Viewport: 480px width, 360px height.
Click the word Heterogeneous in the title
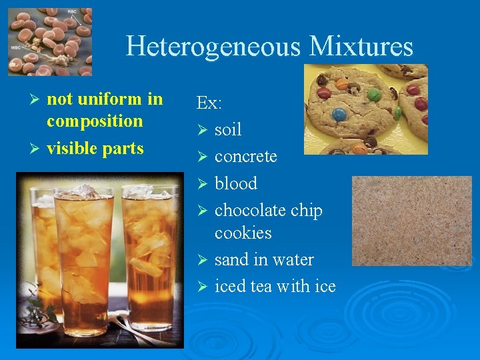pos(213,47)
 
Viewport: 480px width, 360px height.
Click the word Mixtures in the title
pos(361,47)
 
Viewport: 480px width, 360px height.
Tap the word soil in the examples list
pos(228,129)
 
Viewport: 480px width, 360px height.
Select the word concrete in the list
pos(245,156)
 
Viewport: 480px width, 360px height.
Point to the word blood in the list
pos(235,183)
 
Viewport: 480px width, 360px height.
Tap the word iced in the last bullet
pos(229,286)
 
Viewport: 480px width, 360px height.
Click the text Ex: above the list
pos(209,103)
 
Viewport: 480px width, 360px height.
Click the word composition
pos(95,121)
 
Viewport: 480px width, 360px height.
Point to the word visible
pos(72,148)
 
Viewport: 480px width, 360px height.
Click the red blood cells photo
pos(50,41)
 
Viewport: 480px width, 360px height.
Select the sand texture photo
pos(411,220)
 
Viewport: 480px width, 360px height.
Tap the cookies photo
pos(365,109)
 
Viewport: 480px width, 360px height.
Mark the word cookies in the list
pos(243,233)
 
